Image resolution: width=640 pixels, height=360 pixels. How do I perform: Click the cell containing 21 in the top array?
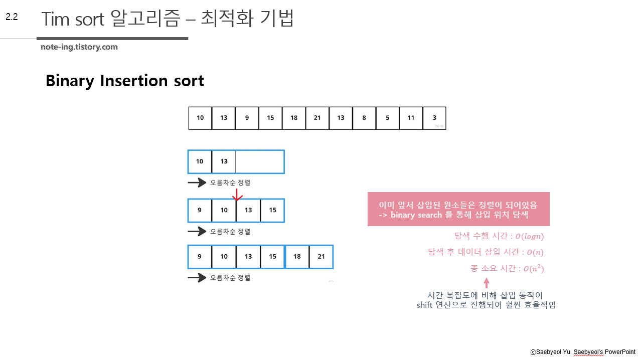click(317, 118)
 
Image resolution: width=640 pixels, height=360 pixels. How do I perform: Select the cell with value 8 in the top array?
click(364, 118)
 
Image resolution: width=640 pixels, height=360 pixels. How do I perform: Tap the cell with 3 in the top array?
click(434, 118)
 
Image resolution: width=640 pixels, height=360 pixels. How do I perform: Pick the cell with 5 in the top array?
click(388, 118)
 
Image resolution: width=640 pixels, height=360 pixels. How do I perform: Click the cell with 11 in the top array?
click(411, 118)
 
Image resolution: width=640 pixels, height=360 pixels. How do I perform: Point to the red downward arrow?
click(238, 195)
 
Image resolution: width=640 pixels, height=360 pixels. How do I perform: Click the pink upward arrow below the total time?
click(486, 282)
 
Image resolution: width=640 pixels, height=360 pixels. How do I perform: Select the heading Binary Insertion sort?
click(124, 81)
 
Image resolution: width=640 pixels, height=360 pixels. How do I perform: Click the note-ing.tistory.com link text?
click(79, 47)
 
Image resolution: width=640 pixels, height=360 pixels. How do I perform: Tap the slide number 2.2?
click(12, 17)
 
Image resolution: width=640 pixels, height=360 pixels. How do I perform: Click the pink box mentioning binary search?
click(458, 209)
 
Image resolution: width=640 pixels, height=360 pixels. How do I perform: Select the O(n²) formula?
click(533, 269)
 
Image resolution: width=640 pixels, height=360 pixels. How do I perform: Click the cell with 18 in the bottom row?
click(297, 257)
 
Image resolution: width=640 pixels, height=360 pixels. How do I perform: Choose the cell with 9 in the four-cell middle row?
click(200, 211)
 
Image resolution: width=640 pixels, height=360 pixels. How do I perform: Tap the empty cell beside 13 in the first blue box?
click(259, 161)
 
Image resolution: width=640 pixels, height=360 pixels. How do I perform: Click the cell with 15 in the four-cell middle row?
click(272, 211)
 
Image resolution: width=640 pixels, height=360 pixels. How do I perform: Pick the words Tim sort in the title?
click(73, 19)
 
